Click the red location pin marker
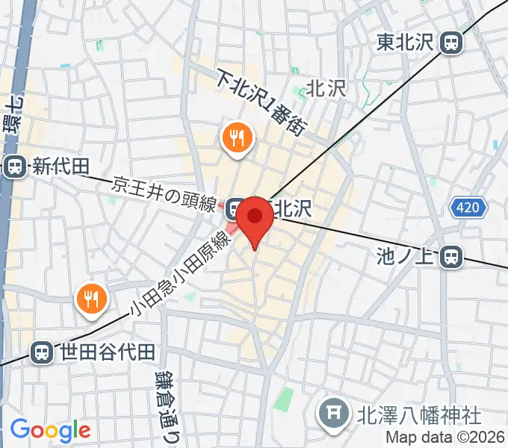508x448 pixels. click(255, 217)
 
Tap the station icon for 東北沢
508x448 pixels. click(450, 43)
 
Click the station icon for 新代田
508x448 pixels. click(13, 167)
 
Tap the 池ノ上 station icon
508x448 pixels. click(450, 258)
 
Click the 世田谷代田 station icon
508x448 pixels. click(43, 352)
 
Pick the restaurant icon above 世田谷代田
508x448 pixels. click(92, 299)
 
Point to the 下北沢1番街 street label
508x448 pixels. click(261, 102)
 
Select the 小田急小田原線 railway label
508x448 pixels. click(179, 273)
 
